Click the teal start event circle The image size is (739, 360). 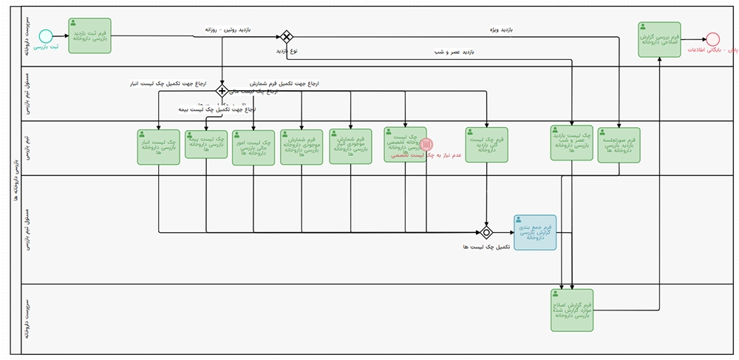click(46, 35)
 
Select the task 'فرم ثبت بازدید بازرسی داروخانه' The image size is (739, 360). click(89, 35)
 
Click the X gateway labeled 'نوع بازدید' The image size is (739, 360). click(286, 36)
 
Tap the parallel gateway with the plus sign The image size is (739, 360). click(222, 91)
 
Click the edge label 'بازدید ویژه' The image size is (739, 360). click(502, 30)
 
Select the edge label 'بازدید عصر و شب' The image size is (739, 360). click(452, 52)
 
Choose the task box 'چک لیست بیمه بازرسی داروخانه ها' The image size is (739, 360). click(206, 144)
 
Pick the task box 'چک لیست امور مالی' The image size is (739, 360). click(253, 147)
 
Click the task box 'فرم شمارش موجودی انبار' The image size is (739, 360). click(350, 146)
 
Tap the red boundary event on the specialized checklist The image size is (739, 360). click(426, 145)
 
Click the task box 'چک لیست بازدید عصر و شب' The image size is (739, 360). click(572, 142)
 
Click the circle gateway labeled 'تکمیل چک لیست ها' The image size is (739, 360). click(486, 232)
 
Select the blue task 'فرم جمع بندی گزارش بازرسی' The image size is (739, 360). click(535, 232)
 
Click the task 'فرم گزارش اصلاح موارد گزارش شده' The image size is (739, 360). click(572, 310)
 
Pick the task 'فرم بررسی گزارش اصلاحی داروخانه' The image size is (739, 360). click(659, 38)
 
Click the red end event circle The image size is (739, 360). click(712, 38)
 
